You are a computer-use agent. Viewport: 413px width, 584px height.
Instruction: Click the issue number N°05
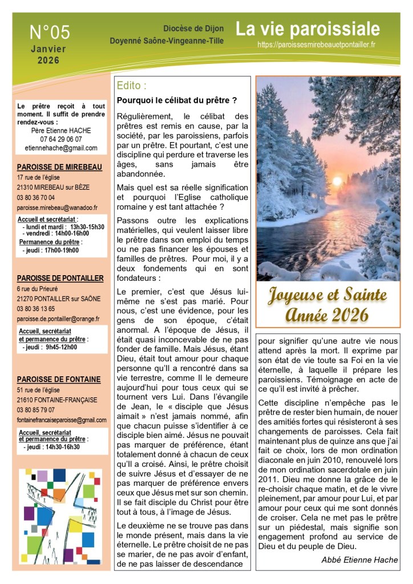[50, 31]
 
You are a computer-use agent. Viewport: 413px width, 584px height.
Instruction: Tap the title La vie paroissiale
[307, 29]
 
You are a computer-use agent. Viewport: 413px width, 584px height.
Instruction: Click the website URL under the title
[316, 44]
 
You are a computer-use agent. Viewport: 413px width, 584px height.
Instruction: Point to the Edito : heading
[131, 86]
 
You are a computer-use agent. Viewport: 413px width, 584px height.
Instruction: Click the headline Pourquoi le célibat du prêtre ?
[176, 100]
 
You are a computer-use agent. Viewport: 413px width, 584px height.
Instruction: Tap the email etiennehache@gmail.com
[61, 148]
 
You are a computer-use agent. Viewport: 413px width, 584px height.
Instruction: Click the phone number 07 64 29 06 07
[61, 139]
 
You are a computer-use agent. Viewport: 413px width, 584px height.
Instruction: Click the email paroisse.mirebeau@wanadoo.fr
[57, 208]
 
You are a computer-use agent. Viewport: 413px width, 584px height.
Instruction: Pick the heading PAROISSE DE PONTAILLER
[60, 278]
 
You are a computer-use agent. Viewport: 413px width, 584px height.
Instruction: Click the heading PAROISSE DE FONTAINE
[59, 379]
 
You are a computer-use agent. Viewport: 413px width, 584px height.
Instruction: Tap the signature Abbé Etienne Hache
[359, 559]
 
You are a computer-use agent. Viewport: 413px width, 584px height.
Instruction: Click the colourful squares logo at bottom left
[60, 508]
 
